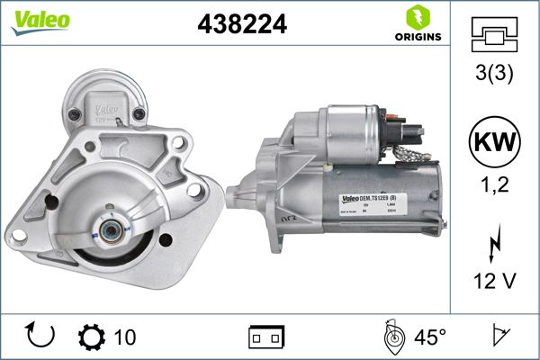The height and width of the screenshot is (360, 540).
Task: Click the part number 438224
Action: pos(241,25)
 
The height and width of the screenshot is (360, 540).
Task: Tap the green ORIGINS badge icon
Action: pos(417,18)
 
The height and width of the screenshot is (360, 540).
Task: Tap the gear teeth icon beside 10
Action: pos(93,337)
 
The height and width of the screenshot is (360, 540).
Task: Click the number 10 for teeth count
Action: pos(126,337)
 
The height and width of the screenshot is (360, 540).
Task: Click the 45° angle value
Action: pos(430,337)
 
